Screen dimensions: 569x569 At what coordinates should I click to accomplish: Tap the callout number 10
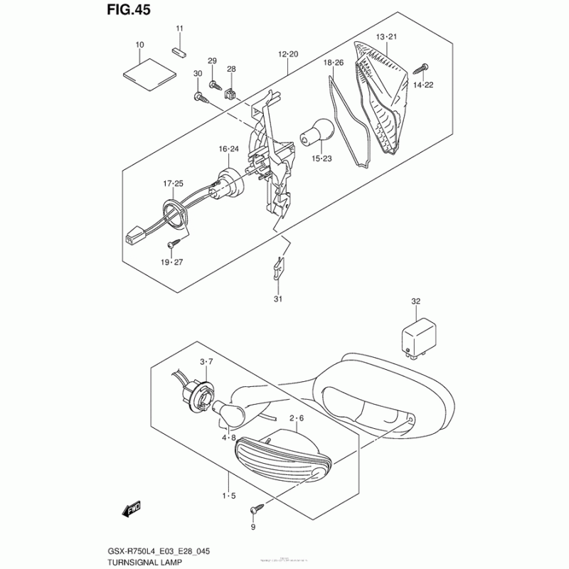click(139, 45)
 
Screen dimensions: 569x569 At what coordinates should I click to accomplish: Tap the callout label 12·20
click(288, 54)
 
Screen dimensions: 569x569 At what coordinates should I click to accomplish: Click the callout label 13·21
click(385, 36)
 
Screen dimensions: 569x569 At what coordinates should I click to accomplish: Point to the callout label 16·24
click(228, 149)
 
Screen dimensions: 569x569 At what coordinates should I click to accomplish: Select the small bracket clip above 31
click(279, 267)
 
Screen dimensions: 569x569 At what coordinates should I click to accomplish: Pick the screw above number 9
click(256, 509)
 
